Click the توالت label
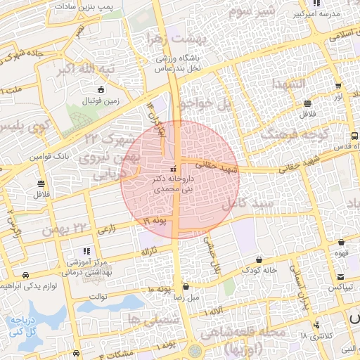click(97, 297)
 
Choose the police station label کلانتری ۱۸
click(314, 336)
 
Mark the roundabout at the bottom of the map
click(195, 349)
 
